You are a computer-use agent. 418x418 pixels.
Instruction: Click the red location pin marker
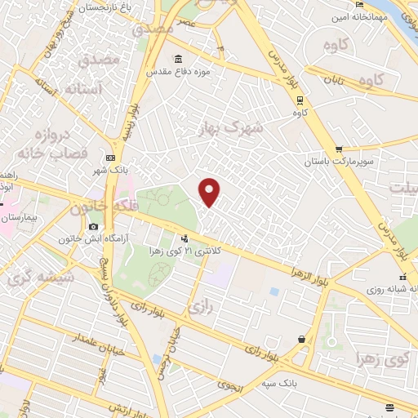210,191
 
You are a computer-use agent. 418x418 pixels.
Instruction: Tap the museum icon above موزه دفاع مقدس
179,60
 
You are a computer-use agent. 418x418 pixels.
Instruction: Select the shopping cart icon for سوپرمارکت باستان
338,149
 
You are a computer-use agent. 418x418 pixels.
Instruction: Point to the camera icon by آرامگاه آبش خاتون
93,226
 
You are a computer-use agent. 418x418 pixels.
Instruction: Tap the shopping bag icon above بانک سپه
303,339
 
